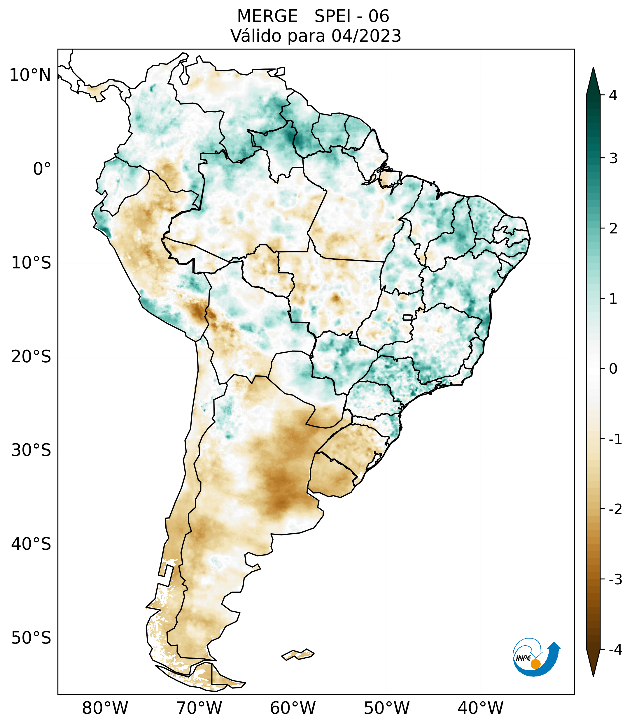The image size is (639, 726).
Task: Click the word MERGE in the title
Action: click(x=267, y=16)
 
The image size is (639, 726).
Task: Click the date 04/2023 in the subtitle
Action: click(x=366, y=36)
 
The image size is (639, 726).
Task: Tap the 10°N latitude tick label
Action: click(x=30, y=75)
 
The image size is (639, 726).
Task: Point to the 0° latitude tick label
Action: click(x=42, y=169)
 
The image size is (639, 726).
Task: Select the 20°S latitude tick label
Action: click(x=31, y=357)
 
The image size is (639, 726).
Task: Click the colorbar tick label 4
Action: click(x=613, y=96)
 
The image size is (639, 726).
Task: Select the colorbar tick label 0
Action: click(x=613, y=369)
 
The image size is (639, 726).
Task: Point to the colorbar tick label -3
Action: click(x=615, y=580)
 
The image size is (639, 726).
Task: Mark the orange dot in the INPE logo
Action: click(x=535, y=664)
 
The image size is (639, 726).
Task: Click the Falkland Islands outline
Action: click(x=298, y=654)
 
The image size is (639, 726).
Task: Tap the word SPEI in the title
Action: click(x=332, y=16)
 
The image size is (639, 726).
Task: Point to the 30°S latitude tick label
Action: click(x=31, y=450)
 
